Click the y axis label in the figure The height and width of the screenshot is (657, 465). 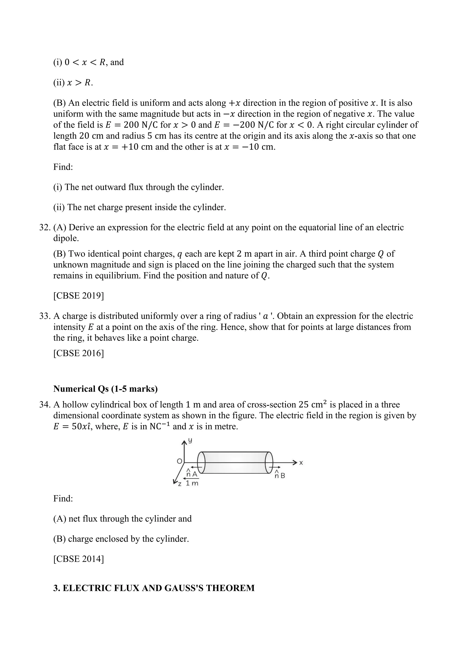click(x=190, y=441)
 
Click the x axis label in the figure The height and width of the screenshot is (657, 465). click(x=301, y=463)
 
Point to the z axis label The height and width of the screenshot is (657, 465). click(x=180, y=484)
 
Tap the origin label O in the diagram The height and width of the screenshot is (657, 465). click(x=180, y=461)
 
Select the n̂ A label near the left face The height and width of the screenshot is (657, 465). click(x=192, y=474)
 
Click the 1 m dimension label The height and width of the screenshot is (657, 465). click(x=192, y=483)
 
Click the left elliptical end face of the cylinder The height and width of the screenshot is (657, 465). click(x=202, y=462)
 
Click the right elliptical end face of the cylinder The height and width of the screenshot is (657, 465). click(x=269, y=462)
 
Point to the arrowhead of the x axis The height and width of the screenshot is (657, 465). click(x=295, y=462)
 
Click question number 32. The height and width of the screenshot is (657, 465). click(x=44, y=228)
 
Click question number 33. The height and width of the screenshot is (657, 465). click(x=44, y=316)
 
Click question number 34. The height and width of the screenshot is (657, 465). click(x=44, y=405)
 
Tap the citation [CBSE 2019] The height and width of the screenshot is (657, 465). click(x=79, y=296)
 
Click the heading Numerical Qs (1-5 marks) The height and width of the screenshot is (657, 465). click(x=105, y=389)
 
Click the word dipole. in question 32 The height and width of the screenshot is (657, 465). click(x=66, y=238)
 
